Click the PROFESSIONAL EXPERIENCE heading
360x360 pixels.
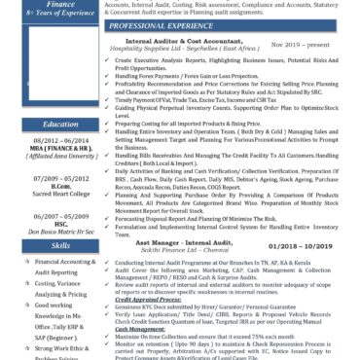(168, 23)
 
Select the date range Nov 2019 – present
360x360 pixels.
(300, 44)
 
